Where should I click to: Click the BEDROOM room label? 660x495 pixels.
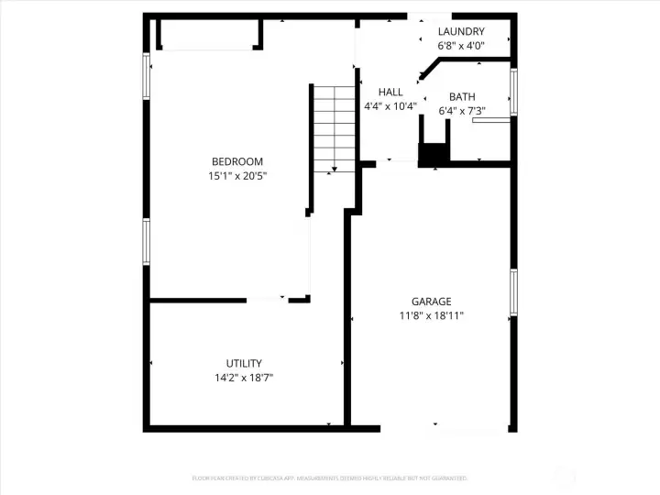click(237, 161)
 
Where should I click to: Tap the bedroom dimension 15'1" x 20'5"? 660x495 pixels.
click(237, 175)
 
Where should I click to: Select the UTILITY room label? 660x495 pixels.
click(244, 363)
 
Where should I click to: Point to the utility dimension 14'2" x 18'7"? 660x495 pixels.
click(244, 377)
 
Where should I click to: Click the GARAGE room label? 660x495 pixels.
click(431, 302)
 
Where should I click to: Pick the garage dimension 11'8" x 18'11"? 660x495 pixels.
click(431, 315)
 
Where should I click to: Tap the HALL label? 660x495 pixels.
click(390, 92)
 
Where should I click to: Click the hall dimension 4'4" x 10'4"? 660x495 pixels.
click(390, 105)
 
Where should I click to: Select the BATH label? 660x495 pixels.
click(462, 97)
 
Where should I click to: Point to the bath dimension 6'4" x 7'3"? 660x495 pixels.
click(462, 111)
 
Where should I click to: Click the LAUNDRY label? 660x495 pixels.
click(461, 31)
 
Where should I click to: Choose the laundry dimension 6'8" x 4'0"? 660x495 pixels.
click(461, 45)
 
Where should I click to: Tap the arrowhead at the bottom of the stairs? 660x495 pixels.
click(334, 169)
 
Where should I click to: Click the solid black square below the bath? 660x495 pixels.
click(430, 156)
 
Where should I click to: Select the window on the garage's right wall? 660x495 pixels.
click(513, 291)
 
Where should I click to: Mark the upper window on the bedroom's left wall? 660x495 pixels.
click(146, 72)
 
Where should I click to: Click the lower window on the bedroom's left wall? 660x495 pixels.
click(146, 241)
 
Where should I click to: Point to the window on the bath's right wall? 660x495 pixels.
click(513, 92)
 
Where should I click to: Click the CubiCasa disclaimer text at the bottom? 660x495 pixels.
click(329, 478)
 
